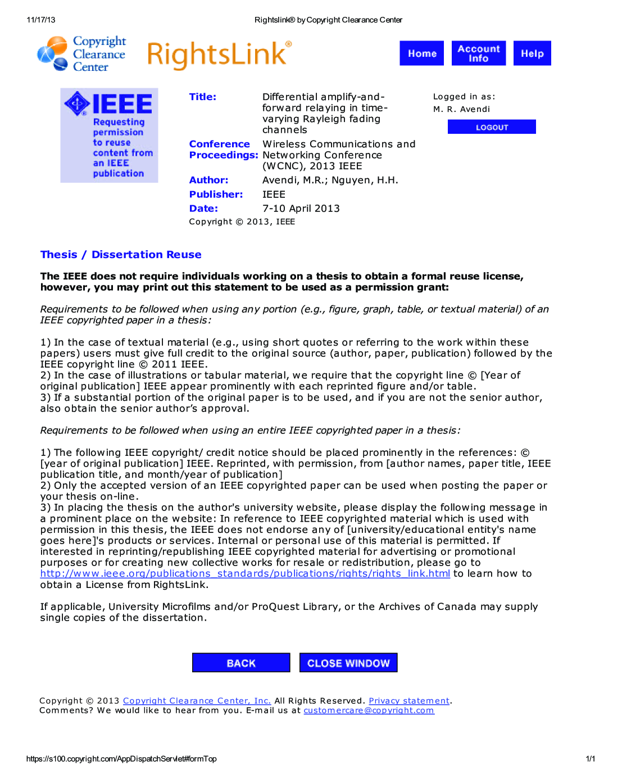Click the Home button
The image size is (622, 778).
421,53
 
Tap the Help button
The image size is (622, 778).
532,53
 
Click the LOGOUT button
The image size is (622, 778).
492,127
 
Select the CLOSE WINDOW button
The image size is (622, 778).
348,663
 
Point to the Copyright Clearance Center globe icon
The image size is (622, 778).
53,54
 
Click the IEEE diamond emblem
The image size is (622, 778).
77,103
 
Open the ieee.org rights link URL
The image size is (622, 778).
245,573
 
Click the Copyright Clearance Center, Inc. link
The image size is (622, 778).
197,700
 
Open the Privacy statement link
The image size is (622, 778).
409,700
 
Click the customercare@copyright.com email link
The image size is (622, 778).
369,710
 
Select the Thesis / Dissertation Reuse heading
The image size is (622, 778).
121,255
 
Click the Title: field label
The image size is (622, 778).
203,97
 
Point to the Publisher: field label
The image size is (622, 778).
216,194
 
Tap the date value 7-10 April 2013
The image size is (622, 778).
301,208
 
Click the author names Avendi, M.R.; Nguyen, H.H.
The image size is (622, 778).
330,180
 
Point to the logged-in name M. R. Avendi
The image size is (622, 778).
461,109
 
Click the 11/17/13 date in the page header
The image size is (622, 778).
41,20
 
